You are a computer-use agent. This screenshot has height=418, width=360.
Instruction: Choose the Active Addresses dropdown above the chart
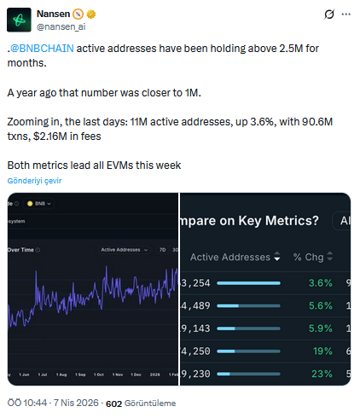pyautogui.click(x=124, y=250)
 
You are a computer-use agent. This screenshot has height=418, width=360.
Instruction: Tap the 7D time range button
pyautogui.click(x=162, y=250)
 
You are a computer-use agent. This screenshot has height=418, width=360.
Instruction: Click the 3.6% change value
pyautogui.click(x=320, y=282)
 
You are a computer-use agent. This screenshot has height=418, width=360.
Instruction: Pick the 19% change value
pyautogui.click(x=322, y=350)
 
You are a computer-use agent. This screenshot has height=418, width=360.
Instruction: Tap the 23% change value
pyautogui.click(x=322, y=373)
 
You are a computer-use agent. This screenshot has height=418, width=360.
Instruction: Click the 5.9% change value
pyautogui.click(x=320, y=328)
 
